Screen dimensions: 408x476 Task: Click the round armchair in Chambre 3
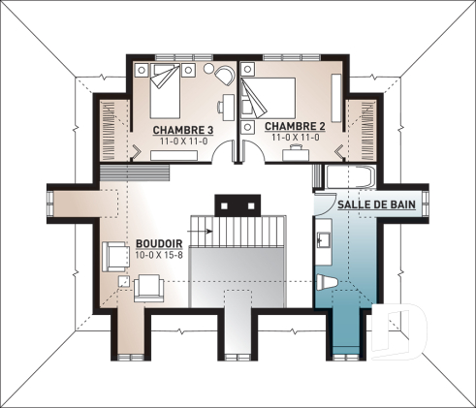(x=223, y=77)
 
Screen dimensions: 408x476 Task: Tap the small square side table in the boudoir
(x=123, y=281)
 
